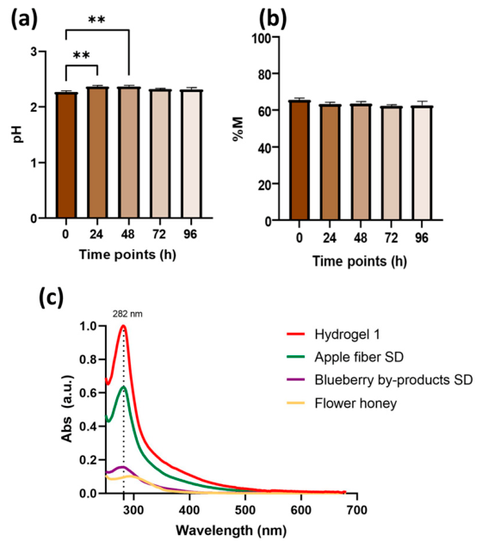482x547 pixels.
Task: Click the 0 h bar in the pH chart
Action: pyautogui.click(x=66, y=155)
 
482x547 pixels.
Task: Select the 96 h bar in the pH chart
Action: pyautogui.click(x=192, y=154)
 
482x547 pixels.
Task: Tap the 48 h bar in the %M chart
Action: pyautogui.click(x=361, y=163)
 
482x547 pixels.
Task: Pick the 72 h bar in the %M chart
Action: pyautogui.click(x=392, y=163)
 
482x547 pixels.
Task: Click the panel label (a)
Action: pyautogui.click(x=24, y=20)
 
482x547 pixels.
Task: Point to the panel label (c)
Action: pyautogui.click(x=52, y=298)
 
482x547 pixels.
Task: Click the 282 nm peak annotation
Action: pyautogui.click(x=127, y=314)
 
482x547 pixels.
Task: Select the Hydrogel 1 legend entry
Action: pyautogui.click(x=333, y=335)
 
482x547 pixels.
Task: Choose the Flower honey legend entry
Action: pyautogui.click(x=342, y=403)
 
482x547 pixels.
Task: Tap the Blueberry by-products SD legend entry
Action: pyautogui.click(x=380, y=380)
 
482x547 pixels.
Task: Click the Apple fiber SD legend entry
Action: pyautogui.click(x=345, y=357)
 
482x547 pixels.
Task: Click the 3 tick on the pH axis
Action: pyautogui.click(x=34, y=52)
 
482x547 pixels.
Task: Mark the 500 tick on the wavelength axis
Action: pyautogui.click(x=245, y=510)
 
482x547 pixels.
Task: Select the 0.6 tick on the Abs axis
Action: pyautogui.click(x=89, y=393)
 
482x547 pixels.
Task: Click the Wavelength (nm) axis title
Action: pyautogui.click(x=231, y=531)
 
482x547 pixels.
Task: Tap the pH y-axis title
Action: pyautogui.click(x=18, y=134)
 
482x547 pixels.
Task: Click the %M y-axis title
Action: pyautogui.click(x=238, y=129)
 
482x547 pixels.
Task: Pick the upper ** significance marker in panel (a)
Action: pyautogui.click(x=96, y=20)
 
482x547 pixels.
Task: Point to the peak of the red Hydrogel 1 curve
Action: pyautogui.click(x=123, y=326)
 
